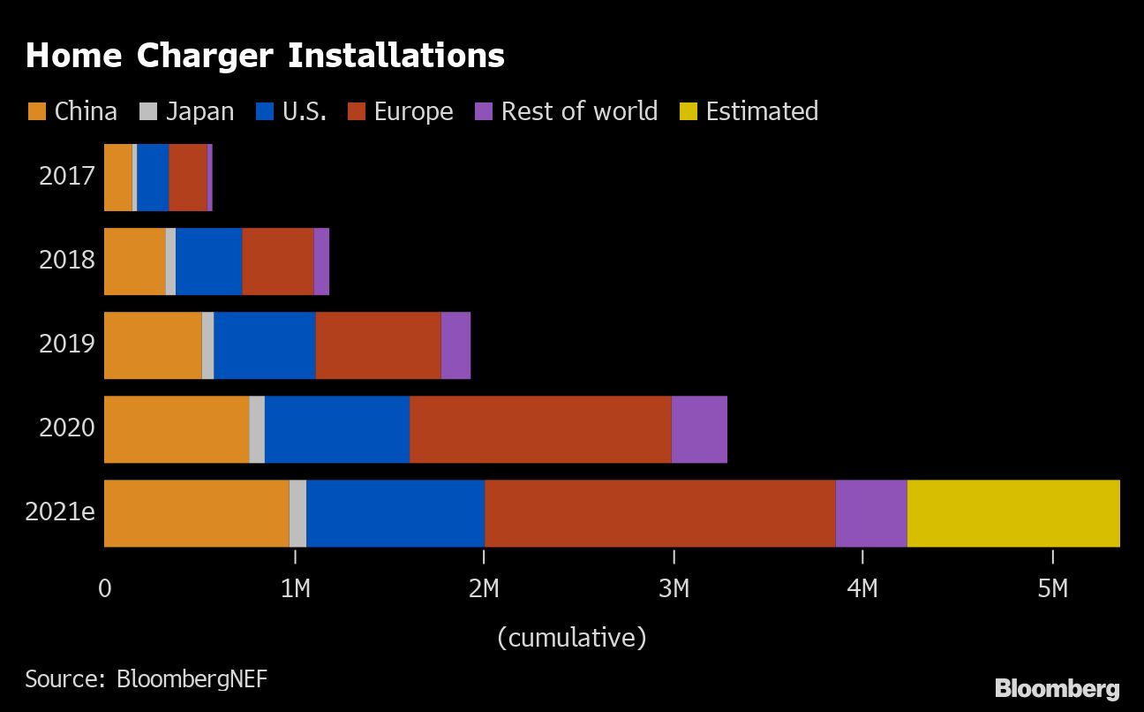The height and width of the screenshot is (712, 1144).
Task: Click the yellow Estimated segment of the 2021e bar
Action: (1013, 513)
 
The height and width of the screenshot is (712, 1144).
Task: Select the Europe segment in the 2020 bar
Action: (540, 429)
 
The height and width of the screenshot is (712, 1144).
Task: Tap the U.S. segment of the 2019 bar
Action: (265, 345)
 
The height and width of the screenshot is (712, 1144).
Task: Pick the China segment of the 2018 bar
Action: (135, 261)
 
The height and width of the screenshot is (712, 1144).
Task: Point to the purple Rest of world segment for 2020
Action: (699, 429)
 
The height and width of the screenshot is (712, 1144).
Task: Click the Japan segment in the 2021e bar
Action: (297, 513)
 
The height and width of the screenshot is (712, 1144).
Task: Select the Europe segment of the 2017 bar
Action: (188, 178)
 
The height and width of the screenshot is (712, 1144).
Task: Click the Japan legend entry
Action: (187, 111)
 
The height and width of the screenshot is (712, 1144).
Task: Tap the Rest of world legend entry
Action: (567, 111)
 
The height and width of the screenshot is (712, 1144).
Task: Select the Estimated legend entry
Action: (749, 111)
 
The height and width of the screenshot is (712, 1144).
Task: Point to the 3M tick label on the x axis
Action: (674, 587)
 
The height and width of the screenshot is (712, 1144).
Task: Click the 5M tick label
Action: (1052, 587)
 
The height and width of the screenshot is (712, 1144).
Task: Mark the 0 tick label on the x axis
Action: (105, 587)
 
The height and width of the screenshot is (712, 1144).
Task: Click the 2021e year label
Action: (60, 513)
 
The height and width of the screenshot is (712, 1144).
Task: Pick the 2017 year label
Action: (66, 177)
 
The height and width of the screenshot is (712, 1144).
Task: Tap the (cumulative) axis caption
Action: (571, 637)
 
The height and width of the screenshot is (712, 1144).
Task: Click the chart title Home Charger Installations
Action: (265, 57)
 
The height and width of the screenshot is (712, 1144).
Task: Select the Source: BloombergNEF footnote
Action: (146, 678)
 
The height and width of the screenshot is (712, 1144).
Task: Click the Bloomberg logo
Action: (1057, 688)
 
